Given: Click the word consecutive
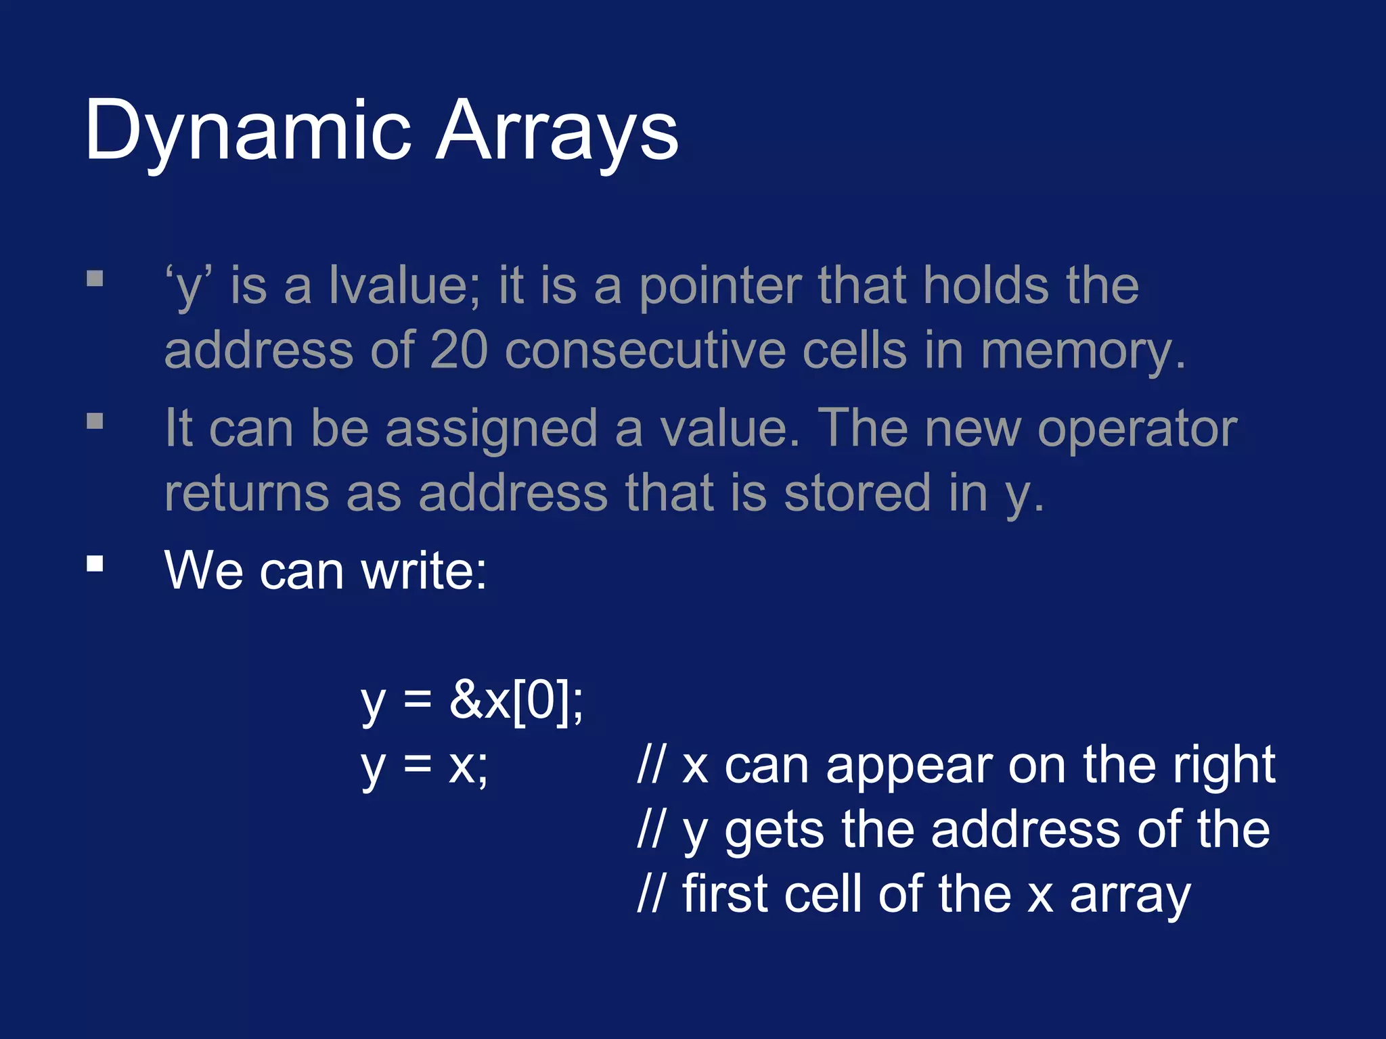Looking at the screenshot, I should click(x=645, y=351).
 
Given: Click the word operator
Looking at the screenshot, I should click(x=1137, y=430).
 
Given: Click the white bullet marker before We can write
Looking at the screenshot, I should click(x=95, y=563).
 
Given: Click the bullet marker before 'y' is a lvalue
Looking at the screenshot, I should click(x=95, y=279).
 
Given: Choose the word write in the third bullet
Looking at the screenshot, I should click(x=423, y=570).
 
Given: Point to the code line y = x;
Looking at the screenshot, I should click(x=424, y=766).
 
